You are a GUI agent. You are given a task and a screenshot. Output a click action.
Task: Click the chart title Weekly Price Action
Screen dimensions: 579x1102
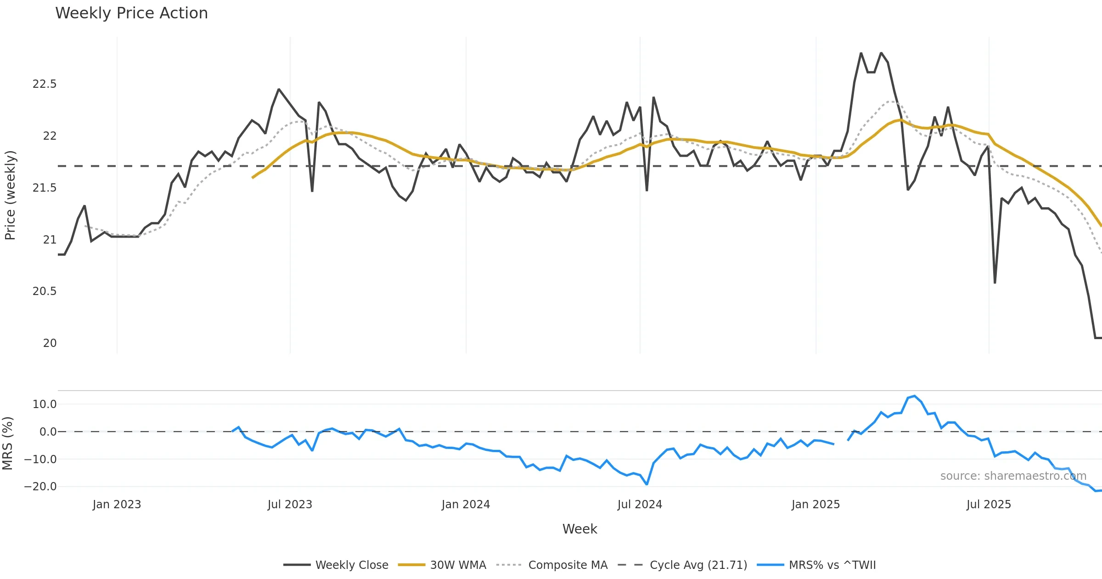coord(131,13)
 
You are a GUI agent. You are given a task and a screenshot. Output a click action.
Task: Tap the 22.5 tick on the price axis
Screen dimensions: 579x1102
coord(44,84)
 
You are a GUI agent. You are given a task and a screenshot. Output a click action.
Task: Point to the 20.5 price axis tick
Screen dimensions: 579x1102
coord(44,291)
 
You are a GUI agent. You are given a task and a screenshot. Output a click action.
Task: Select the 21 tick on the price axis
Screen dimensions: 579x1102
coord(50,240)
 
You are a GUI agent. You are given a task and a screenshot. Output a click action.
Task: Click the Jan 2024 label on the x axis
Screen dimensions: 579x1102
coord(466,505)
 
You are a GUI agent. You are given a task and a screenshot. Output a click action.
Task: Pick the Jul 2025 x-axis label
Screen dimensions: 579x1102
coord(989,505)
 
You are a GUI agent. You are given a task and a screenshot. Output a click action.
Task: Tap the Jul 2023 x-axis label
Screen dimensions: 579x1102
coord(290,505)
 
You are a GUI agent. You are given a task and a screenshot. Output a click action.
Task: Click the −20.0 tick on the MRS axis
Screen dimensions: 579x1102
coord(40,487)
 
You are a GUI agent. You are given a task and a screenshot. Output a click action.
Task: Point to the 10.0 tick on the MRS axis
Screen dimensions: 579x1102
coord(44,404)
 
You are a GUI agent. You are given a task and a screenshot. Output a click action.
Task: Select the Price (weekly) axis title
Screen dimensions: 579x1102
coord(10,195)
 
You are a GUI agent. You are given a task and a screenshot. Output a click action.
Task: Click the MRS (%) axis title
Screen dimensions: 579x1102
coord(7,443)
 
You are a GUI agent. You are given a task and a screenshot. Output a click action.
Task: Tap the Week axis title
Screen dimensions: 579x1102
coord(579,529)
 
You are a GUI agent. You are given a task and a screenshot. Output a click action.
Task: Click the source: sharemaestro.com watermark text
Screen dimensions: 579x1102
coord(1013,476)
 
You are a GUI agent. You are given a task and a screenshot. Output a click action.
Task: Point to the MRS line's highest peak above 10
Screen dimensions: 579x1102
coord(915,396)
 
